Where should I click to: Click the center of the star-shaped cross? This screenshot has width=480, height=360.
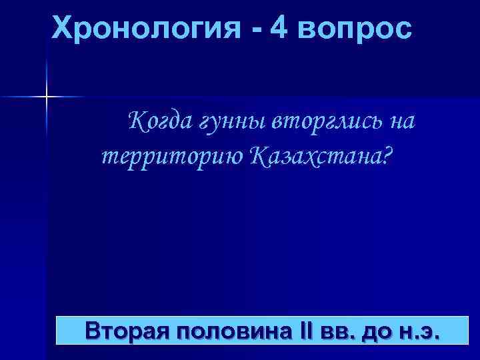coord(47,97)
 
